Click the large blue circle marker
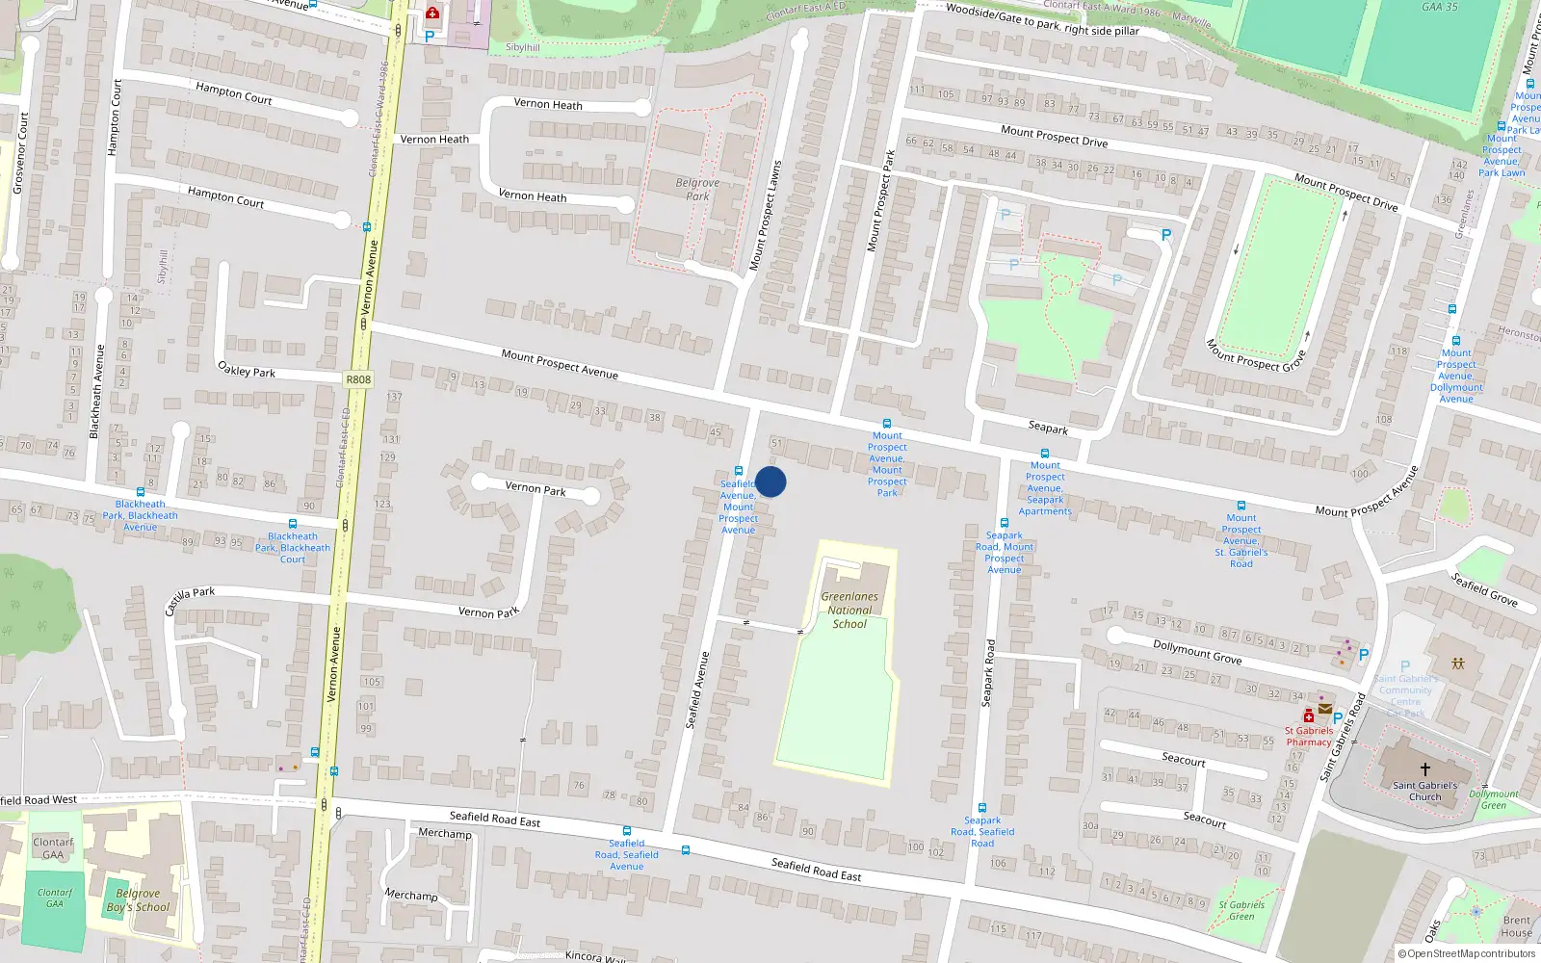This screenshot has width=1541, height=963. [x=770, y=481]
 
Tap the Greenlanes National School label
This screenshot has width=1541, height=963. [x=849, y=611]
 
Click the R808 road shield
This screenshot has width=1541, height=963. [x=358, y=379]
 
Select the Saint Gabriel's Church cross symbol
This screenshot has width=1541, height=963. [x=1425, y=769]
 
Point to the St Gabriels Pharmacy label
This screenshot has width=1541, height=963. [x=1309, y=737]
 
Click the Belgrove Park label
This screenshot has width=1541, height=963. [x=697, y=189]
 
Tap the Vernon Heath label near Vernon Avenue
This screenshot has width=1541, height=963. [x=434, y=140]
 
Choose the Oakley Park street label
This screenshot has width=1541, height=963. [x=247, y=371]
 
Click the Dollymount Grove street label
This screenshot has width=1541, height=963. [x=1197, y=652]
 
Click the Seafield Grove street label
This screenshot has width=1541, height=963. [x=1484, y=589]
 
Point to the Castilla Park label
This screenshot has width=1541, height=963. [x=190, y=600]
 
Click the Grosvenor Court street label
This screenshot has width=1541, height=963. [x=20, y=153]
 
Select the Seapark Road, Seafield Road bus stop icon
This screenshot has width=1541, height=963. [x=982, y=808]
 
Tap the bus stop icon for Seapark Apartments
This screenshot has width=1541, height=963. [x=1045, y=453]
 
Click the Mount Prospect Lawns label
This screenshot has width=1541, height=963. [x=767, y=215]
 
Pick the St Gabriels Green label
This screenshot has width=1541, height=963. [x=1241, y=910]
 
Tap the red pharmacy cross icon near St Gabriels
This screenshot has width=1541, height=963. [x=1309, y=716]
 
